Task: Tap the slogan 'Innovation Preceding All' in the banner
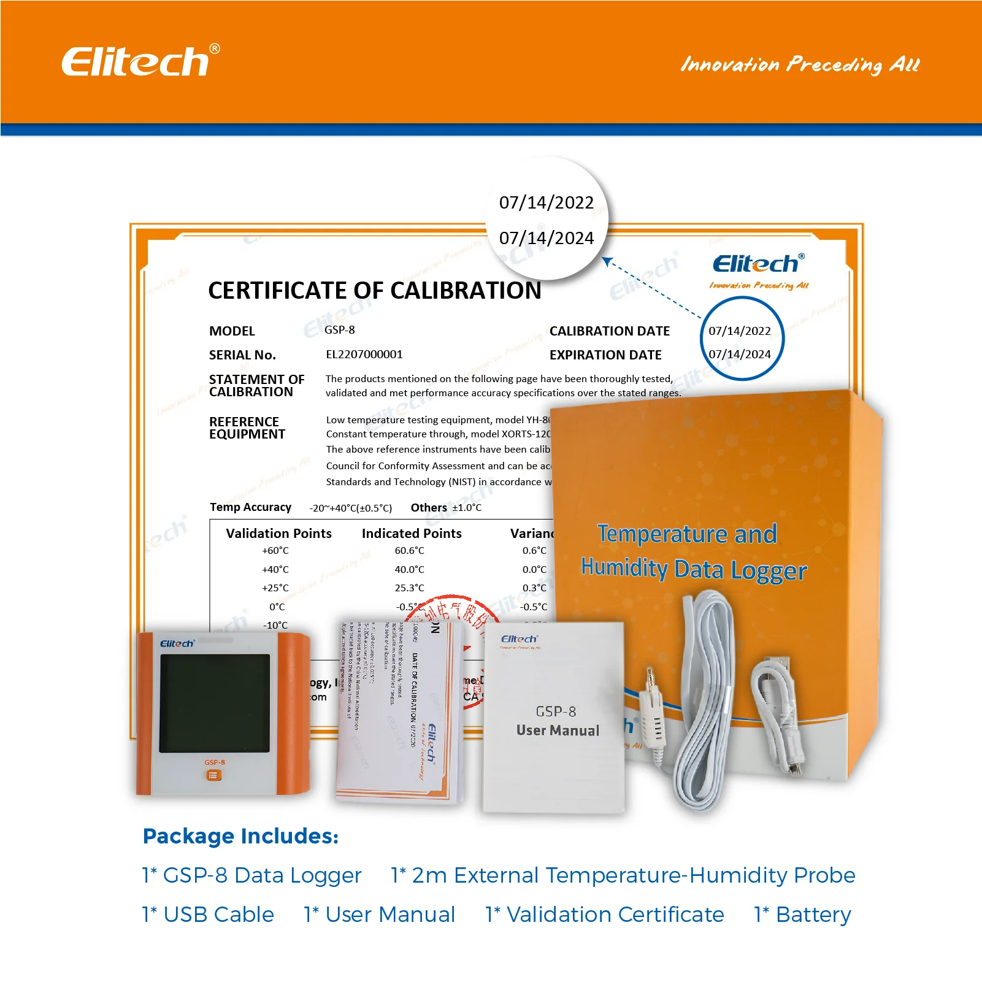[x=800, y=64]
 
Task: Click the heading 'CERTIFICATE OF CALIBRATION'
[x=374, y=290]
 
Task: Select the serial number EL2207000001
[x=364, y=355]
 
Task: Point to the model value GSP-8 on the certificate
[x=339, y=330]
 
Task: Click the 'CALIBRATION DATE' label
[x=609, y=331]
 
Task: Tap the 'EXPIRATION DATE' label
[x=605, y=355]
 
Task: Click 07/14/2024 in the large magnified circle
[x=546, y=238]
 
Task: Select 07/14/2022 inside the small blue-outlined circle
[x=739, y=331]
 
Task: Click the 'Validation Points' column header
[x=278, y=534]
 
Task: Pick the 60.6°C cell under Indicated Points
[x=409, y=551]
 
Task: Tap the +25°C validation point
[x=275, y=588]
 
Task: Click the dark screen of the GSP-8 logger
[x=214, y=703]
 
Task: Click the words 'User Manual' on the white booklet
[x=557, y=731]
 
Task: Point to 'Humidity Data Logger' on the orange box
[x=693, y=569]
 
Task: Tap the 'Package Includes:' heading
[x=240, y=836]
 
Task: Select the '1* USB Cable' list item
[x=208, y=915]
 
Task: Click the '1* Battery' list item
[x=802, y=915]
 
